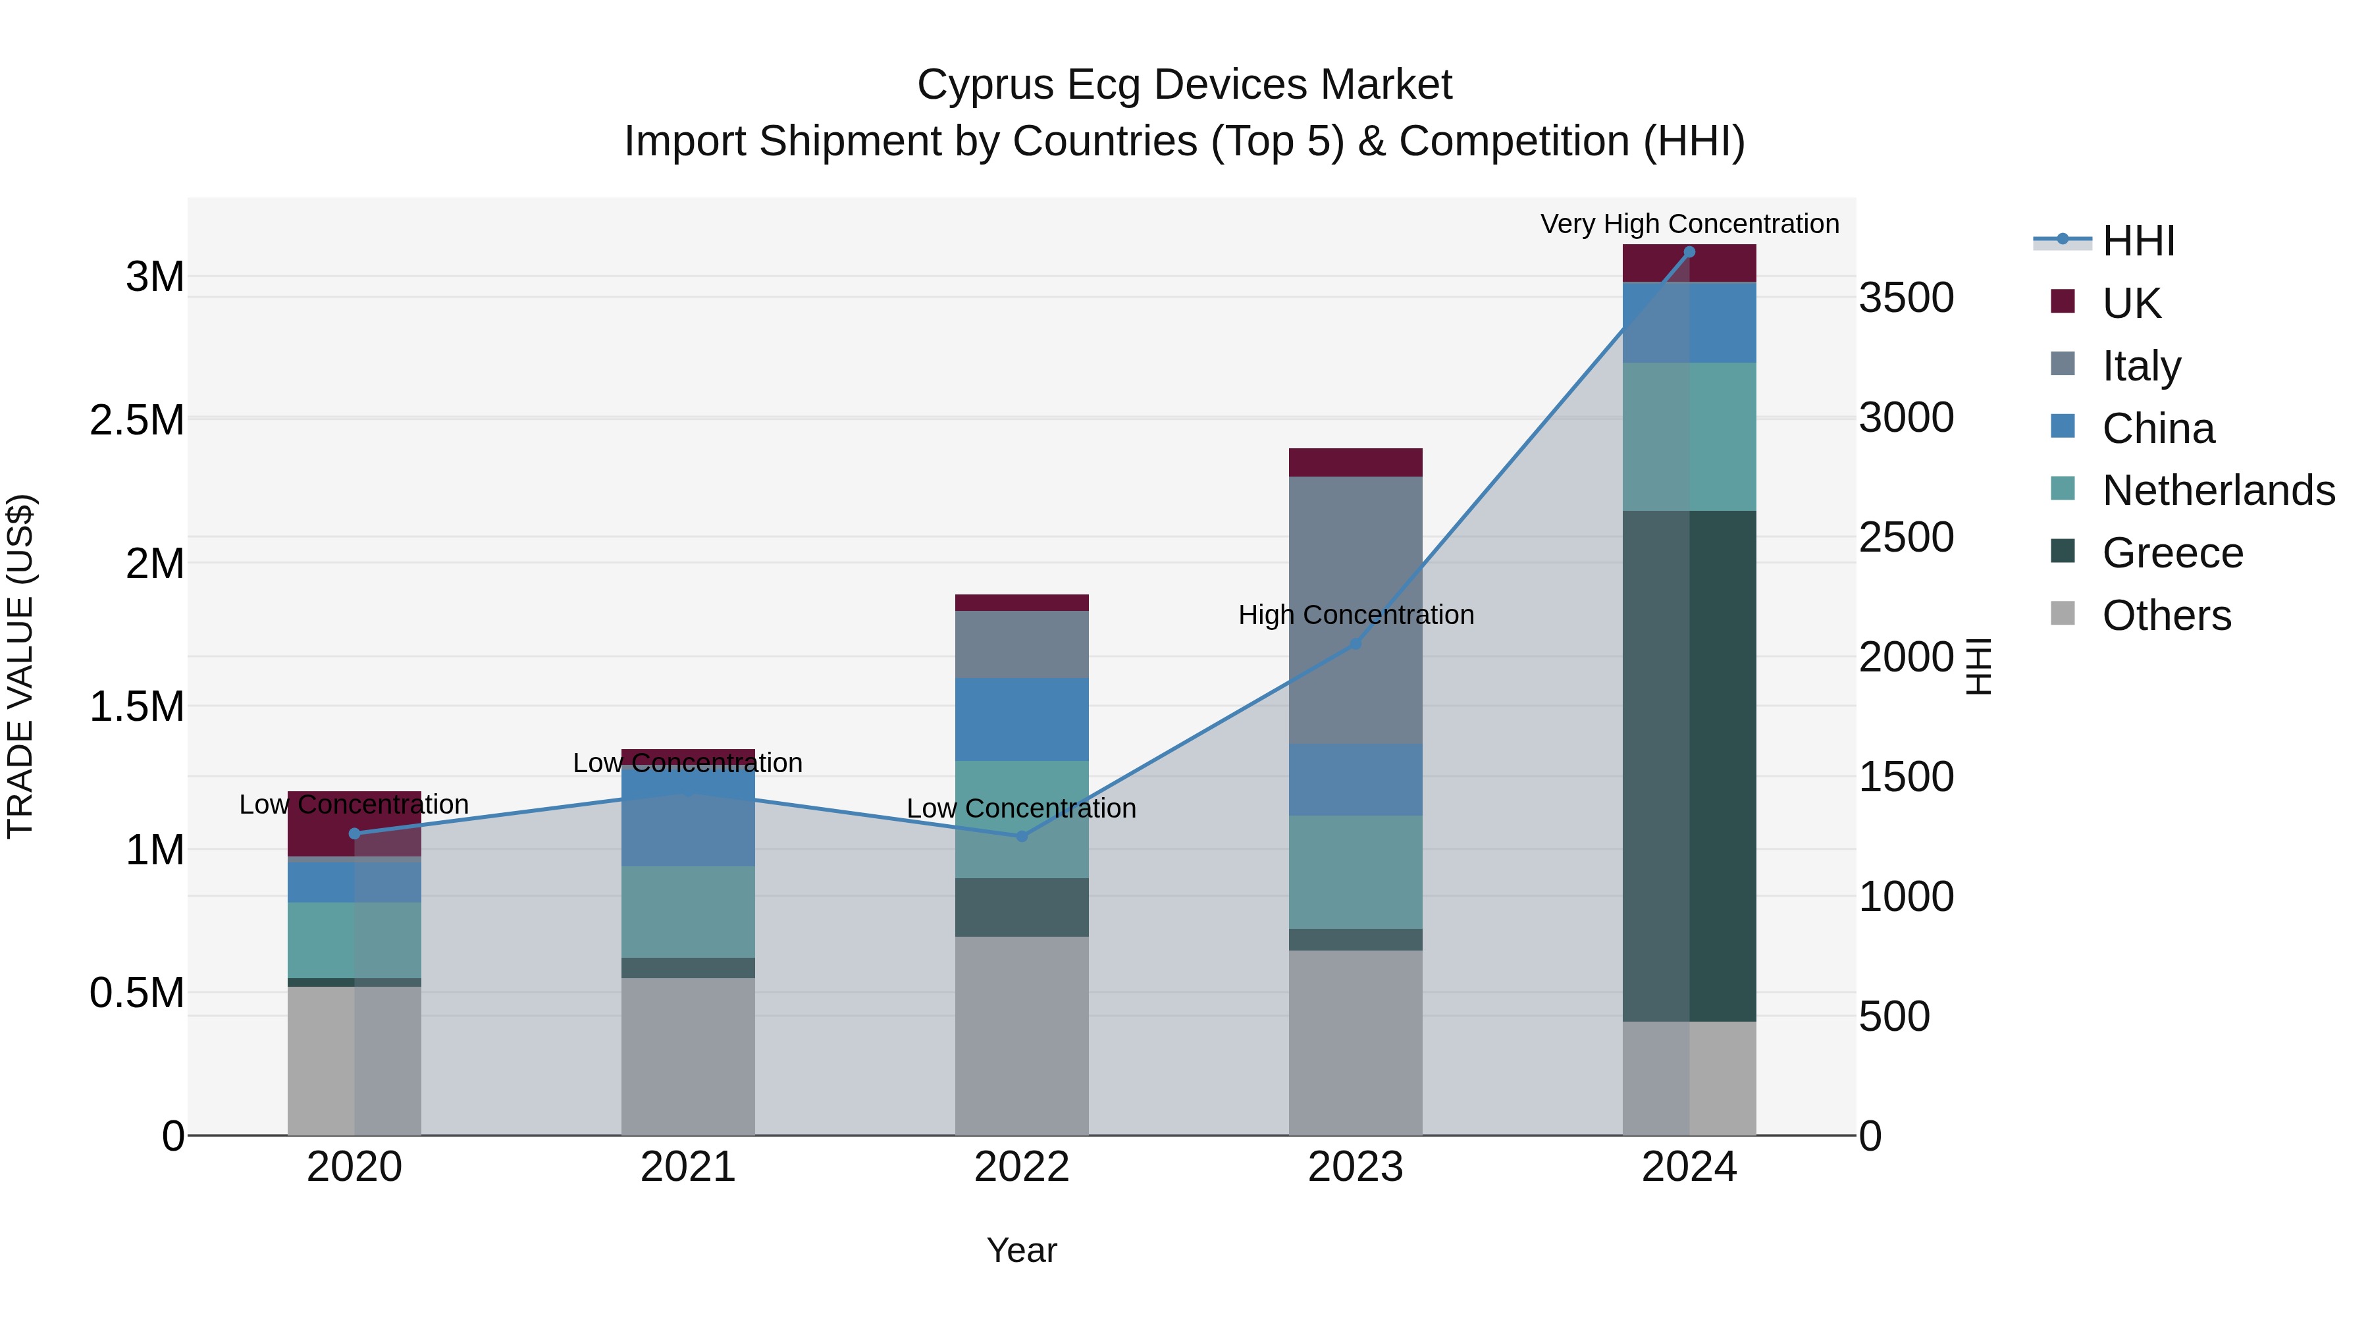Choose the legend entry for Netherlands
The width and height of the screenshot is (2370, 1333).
[2218, 490]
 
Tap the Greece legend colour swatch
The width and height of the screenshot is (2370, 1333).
[2063, 551]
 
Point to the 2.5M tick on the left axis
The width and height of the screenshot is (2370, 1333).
[137, 421]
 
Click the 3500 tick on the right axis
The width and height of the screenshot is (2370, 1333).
[1907, 298]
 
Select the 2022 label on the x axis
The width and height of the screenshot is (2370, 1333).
[1021, 1167]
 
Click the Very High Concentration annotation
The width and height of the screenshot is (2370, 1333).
[1689, 224]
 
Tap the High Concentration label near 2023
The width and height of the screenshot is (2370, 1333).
[1356, 615]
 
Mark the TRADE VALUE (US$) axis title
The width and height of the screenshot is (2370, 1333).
[20, 666]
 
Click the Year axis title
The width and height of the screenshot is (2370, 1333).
[1021, 1250]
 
